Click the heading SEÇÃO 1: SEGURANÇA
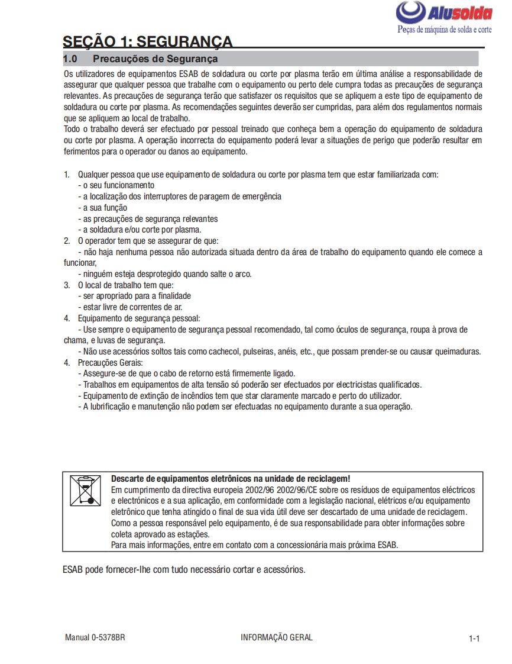147,41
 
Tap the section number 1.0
70,59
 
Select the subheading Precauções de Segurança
155,59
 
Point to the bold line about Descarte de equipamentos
231,479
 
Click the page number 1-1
474,639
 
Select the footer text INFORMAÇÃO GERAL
277,637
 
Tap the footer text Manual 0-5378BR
95,637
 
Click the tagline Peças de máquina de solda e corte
444,29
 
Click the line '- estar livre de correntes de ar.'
130,307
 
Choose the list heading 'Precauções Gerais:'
111,362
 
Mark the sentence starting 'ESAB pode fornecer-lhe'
184,570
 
